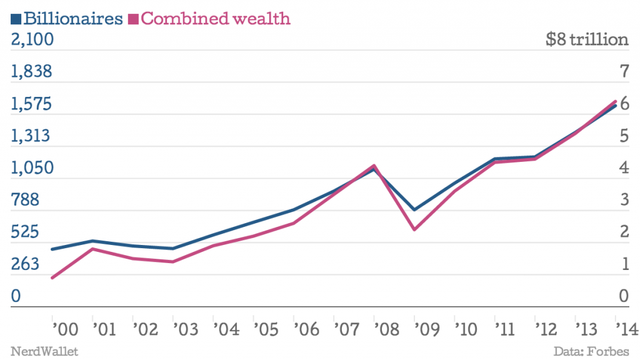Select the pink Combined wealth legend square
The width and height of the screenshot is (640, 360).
(133, 19)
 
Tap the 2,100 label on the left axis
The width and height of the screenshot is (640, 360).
(32, 39)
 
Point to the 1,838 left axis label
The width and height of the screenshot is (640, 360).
(32, 72)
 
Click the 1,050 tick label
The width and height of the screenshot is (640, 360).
(32, 168)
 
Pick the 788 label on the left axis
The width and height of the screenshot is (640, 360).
(26, 201)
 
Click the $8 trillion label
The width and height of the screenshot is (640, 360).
(586, 39)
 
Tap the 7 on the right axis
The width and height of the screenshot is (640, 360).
(622, 72)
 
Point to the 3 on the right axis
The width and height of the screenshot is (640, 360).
(622, 201)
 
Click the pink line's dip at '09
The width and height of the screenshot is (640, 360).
(414, 229)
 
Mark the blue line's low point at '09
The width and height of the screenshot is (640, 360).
(414, 209)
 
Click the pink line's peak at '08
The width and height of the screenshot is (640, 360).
(374, 166)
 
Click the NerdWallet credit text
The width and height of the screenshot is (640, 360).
(44, 351)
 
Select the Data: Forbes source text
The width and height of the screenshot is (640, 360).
(591, 351)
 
